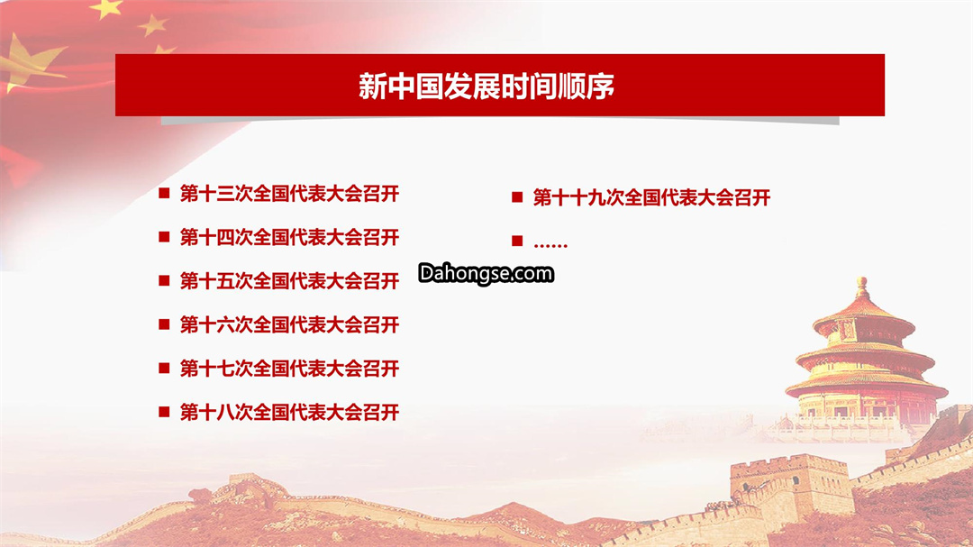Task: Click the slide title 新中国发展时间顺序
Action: [486, 86]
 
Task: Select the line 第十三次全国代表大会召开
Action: [289, 194]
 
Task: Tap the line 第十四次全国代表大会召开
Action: [289, 237]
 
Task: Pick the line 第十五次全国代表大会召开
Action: [289, 281]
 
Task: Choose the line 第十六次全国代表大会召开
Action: [289, 324]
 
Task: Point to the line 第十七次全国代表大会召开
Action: [289, 369]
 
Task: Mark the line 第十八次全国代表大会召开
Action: [289, 412]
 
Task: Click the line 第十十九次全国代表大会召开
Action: [651, 198]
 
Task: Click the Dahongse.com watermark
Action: [486, 274]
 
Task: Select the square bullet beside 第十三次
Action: [165, 193]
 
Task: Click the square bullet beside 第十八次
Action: [165, 412]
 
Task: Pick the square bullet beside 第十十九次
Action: [517, 197]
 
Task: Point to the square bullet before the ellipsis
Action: [517, 241]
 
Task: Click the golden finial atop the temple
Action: [862, 287]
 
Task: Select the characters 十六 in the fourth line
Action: [216, 324]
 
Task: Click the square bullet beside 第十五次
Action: [165, 280]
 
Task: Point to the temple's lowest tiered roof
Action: [867, 385]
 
